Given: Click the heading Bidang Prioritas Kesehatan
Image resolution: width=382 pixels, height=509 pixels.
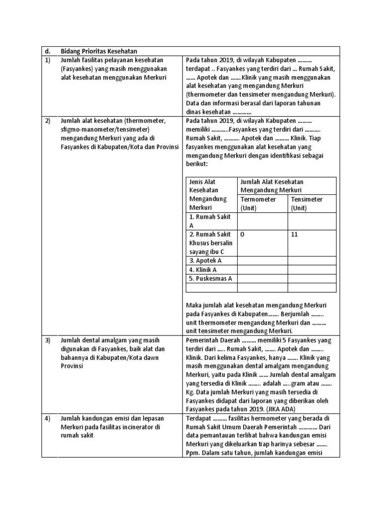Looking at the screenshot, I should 98,51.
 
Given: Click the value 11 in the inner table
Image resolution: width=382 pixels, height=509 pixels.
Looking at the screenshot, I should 294,234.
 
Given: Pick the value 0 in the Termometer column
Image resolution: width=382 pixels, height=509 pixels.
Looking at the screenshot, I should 242,234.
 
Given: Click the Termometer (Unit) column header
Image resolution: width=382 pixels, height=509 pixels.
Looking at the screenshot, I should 259,203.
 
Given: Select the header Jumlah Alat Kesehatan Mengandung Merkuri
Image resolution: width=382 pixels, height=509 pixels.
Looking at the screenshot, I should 272,186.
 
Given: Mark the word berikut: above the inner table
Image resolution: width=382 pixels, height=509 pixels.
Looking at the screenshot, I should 196,164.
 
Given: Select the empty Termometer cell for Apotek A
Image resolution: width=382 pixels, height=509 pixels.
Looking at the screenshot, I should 262,260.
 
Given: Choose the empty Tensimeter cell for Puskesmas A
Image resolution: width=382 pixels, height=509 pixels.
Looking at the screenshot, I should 312,278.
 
